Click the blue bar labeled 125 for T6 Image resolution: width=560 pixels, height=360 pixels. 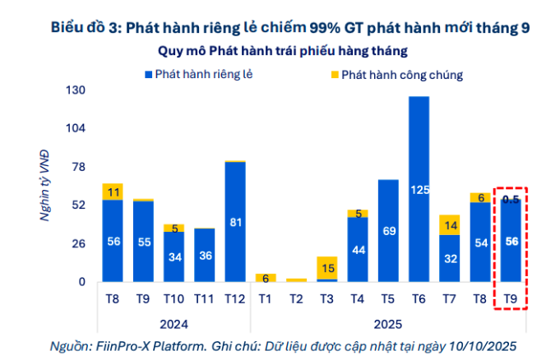pyautogui.click(x=419, y=189)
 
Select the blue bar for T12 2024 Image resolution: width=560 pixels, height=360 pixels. pyautogui.click(x=235, y=222)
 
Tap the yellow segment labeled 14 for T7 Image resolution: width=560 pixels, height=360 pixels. pyautogui.click(x=450, y=224)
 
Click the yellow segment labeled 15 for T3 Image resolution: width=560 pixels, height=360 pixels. pyautogui.click(x=327, y=268)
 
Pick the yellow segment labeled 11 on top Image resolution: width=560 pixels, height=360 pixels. pyautogui.click(x=113, y=192)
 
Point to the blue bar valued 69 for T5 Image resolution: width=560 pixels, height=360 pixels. pyautogui.click(x=388, y=230)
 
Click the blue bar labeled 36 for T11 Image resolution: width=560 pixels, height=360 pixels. pyautogui.click(x=205, y=255)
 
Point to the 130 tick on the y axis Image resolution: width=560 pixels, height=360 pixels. pyautogui.click(x=75, y=90)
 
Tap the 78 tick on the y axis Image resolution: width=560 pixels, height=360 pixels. pyautogui.click(x=78, y=167)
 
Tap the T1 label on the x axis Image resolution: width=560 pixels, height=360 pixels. pyautogui.click(x=266, y=298)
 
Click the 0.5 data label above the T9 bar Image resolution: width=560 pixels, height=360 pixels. pyautogui.click(x=511, y=199)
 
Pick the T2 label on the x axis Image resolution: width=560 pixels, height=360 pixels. pyautogui.click(x=296, y=298)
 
